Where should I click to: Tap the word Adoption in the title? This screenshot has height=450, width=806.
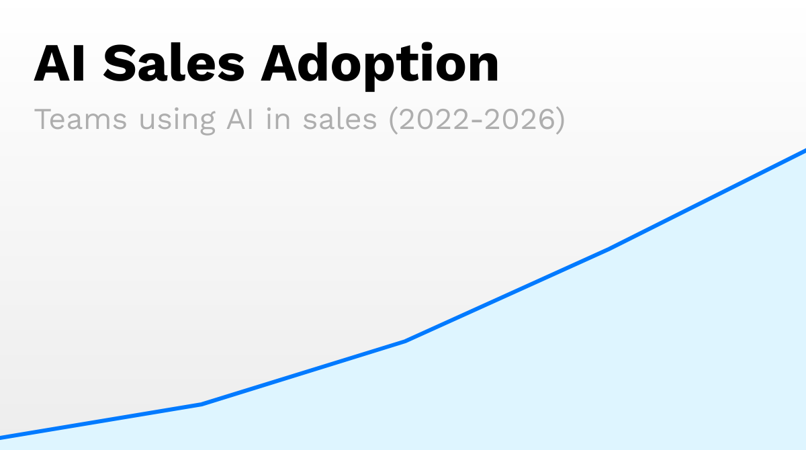coord(379,65)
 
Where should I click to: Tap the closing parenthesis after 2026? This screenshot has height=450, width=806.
coord(559,120)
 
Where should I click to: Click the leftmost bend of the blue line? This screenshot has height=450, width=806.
coord(201,404)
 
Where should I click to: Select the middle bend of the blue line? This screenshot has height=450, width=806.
coord(405,341)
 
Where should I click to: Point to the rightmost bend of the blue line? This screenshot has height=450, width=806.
coord(609,249)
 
